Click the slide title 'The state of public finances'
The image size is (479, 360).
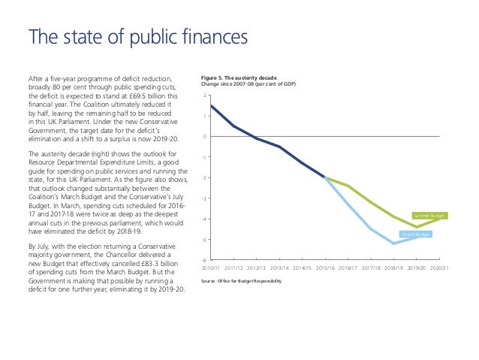(x=137, y=36)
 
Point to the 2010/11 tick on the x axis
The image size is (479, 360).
(x=211, y=268)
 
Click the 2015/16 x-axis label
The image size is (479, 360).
(x=324, y=268)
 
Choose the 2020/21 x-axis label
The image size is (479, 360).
(x=439, y=268)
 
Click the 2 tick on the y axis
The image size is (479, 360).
(x=204, y=96)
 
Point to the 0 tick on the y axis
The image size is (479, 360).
(x=204, y=137)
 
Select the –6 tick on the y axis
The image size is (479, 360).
(x=203, y=259)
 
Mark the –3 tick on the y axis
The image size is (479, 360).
(x=203, y=198)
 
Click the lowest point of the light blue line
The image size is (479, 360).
(x=394, y=244)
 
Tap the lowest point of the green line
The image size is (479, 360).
(x=417, y=227)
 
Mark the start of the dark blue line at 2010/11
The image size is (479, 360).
(x=211, y=105)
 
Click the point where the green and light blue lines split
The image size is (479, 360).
(x=325, y=178)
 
